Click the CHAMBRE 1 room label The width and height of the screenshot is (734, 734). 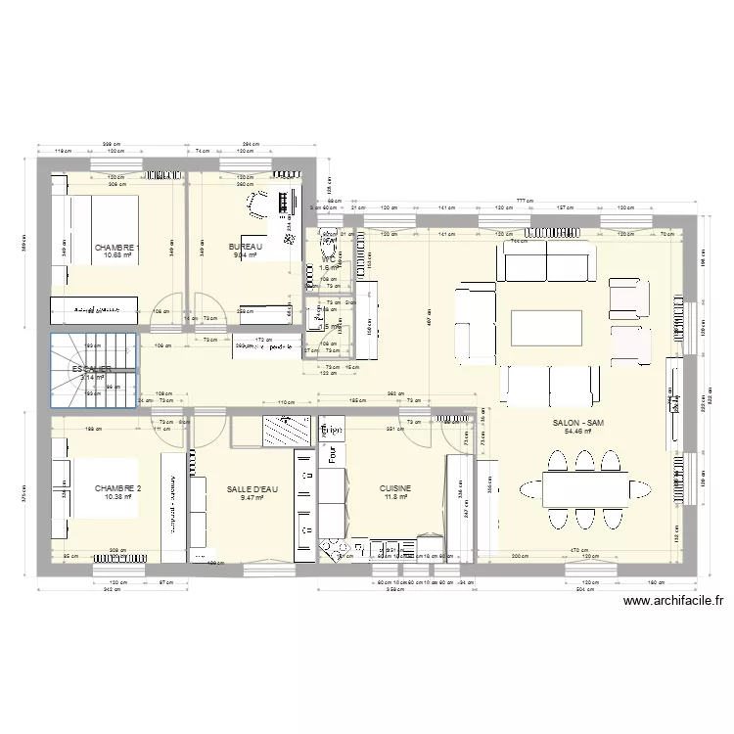pos(116,248)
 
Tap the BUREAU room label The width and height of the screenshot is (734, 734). pos(245,247)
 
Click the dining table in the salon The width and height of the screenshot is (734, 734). pos(585,487)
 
